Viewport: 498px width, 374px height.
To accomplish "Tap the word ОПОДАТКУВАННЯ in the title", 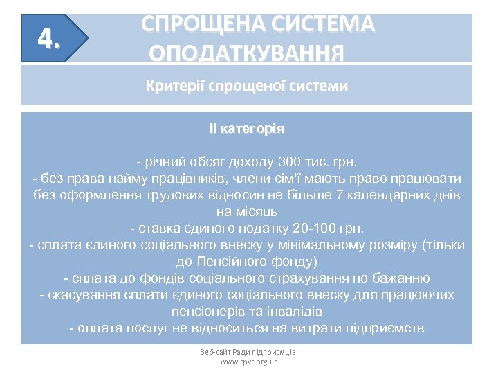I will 246,53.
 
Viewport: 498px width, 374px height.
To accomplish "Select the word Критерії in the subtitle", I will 170,87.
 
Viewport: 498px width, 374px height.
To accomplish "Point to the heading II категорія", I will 247,129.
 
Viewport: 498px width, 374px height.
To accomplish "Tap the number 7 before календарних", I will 339,195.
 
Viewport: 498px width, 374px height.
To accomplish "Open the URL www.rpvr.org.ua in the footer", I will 248,362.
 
